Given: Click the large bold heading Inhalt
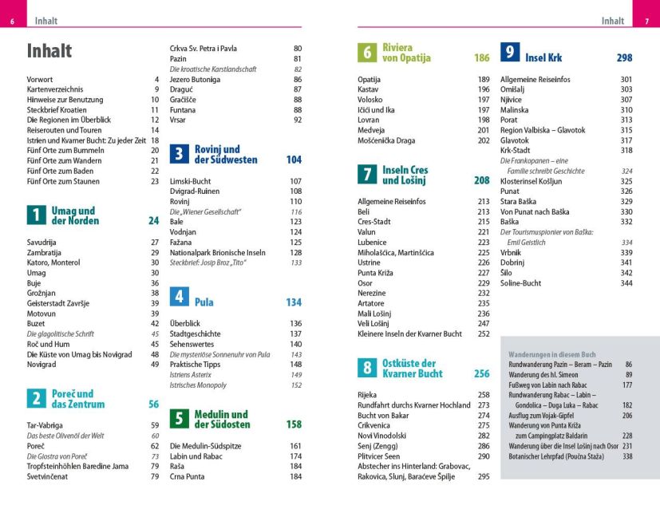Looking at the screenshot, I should point(49,51).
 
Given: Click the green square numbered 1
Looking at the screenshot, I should point(36,215).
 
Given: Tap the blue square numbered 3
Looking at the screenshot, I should point(180,154).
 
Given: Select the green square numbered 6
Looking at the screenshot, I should point(367,53).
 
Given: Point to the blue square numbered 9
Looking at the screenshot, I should point(510,53).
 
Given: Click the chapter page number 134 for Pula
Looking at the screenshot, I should point(294,302).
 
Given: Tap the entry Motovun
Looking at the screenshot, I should point(42,314).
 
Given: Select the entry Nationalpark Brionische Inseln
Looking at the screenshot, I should point(216,252).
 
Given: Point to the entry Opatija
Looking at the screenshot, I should point(369,79).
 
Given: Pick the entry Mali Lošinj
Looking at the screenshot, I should point(374,314).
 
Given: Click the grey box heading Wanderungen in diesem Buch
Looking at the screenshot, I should point(552,353).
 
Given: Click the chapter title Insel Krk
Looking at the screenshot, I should point(543,57).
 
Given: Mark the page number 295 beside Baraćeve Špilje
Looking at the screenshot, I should point(483,476).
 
